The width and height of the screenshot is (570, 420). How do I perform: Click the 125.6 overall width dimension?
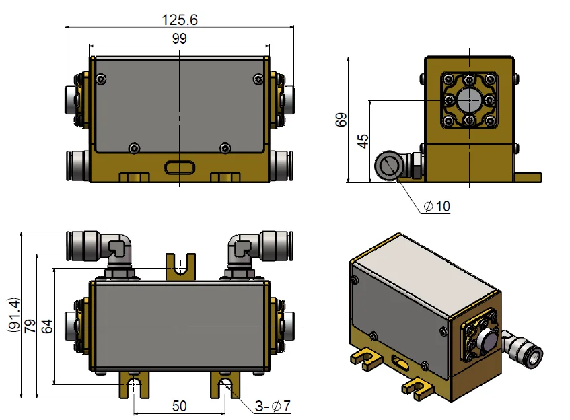click(x=179, y=20)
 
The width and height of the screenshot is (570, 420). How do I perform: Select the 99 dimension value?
click(x=179, y=39)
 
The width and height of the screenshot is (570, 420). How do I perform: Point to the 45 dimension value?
click(x=363, y=141)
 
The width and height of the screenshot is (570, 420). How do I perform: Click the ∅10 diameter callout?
click(x=437, y=207)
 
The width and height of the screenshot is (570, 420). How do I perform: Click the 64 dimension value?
click(x=45, y=326)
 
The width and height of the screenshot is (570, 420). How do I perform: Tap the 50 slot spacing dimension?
click(x=179, y=406)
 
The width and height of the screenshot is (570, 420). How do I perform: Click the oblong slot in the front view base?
click(x=179, y=166)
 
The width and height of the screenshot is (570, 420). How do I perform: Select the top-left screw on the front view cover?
click(x=101, y=80)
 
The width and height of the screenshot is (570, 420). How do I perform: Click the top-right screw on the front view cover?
click(x=258, y=80)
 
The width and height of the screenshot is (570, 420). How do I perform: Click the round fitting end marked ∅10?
click(x=389, y=166)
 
